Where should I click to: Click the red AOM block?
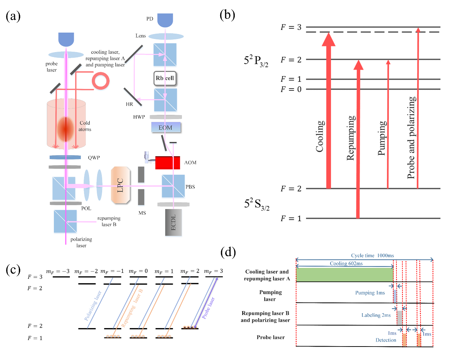167,163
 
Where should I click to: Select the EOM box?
166,128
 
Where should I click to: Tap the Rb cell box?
165,78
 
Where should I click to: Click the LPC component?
121,185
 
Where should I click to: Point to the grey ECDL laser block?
173,223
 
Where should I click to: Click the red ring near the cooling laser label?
101,81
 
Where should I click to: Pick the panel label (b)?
227,15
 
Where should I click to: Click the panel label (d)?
228,252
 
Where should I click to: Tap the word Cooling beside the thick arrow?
320,136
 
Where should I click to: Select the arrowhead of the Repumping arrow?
359,65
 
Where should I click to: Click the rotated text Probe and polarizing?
411,137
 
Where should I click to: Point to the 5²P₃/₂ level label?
256,61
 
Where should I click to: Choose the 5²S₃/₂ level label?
257,204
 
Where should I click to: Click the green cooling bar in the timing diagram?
344,275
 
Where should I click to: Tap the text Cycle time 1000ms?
372,255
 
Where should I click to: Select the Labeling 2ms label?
376,315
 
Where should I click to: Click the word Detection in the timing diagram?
386,340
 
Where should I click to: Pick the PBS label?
190,187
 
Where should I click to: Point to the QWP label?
94,158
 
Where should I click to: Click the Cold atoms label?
85,126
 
